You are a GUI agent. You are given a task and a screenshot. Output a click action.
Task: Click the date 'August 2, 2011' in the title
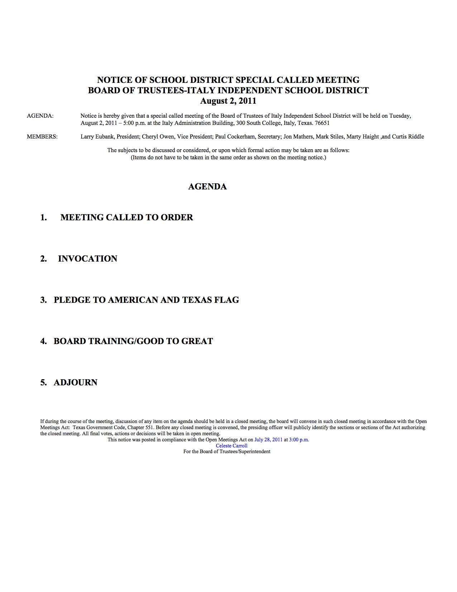click(x=228, y=101)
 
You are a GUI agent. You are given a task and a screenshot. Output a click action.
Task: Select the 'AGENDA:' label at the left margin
click(x=40, y=116)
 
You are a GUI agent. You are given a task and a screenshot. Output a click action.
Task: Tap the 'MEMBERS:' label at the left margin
click(x=42, y=137)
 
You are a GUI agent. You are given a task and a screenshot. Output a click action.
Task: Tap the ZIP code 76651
click(x=322, y=123)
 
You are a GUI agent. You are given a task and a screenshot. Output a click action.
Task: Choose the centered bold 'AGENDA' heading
click(x=208, y=187)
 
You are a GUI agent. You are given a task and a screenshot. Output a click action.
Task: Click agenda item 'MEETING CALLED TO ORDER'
click(x=127, y=217)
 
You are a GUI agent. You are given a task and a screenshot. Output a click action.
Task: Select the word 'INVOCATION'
click(x=87, y=259)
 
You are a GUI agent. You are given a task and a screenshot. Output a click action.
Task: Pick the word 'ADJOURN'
click(x=75, y=382)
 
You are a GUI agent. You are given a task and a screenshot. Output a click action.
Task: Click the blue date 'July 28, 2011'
click(x=268, y=440)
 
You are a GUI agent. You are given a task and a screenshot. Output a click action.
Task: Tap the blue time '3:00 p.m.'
click(x=299, y=440)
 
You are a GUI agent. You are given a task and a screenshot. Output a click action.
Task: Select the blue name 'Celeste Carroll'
click(x=232, y=446)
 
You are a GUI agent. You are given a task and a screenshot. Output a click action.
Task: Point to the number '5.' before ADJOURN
click(x=43, y=382)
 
